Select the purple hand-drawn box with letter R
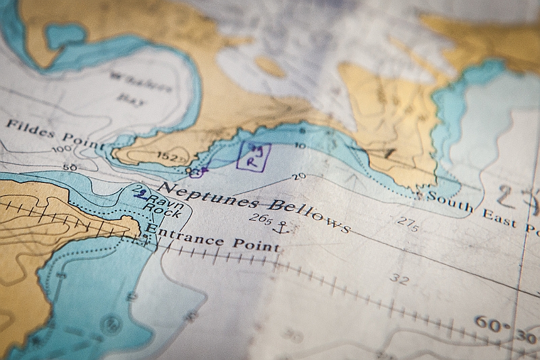(254, 156)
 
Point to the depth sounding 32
(399, 280)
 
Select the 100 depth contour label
(62, 149)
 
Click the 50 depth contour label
(69, 167)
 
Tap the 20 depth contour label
(299, 178)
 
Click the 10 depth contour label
(300, 146)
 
